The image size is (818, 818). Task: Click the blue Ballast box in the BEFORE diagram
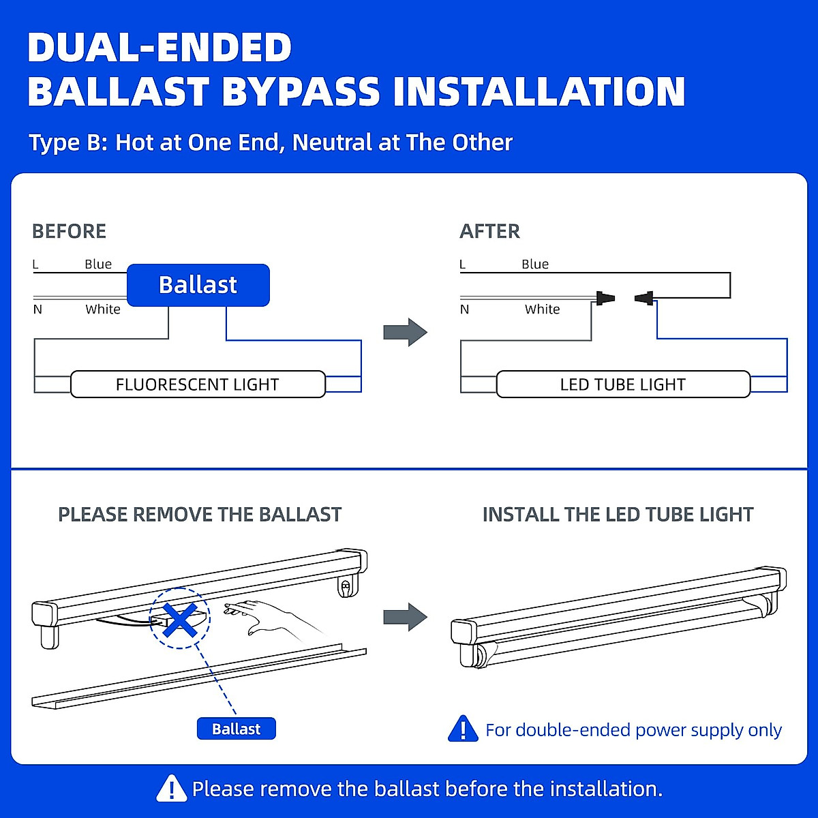pyautogui.click(x=198, y=285)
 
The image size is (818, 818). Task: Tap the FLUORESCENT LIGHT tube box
pyautogui.click(x=198, y=384)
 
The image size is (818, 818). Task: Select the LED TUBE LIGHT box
pyautogui.click(x=622, y=384)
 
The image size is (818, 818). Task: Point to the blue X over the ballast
pyautogui.click(x=181, y=619)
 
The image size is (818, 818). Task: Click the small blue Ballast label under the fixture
pyautogui.click(x=236, y=729)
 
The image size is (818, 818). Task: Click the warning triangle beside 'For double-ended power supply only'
pyautogui.click(x=464, y=729)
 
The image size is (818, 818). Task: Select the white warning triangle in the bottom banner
pyautogui.click(x=171, y=789)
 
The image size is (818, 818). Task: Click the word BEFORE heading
pyautogui.click(x=70, y=232)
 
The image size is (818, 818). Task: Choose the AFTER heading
pyautogui.click(x=489, y=232)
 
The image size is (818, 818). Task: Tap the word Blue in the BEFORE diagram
pyautogui.click(x=98, y=264)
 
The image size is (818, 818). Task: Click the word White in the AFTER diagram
pyautogui.click(x=542, y=309)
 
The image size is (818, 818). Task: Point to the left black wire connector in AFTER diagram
pyautogui.click(x=605, y=298)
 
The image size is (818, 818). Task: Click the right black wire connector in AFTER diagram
pyautogui.click(x=643, y=298)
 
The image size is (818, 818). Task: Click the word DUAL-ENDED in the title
pyautogui.click(x=160, y=48)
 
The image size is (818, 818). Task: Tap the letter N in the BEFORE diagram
pyautogui.click(x=37, y=310)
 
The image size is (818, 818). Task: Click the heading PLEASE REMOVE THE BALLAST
pyautogui.click(x=200, y=515)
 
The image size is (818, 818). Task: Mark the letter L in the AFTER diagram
pyautogui.click(x=463, y=264)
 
